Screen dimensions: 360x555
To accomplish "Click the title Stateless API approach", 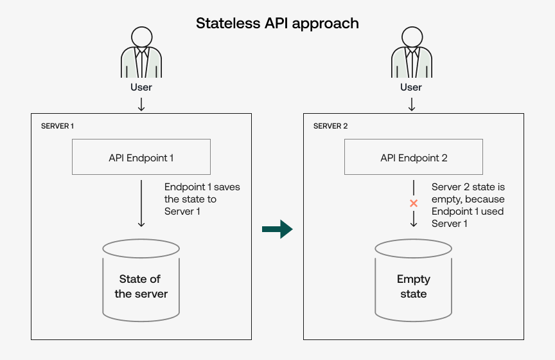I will (277, 24).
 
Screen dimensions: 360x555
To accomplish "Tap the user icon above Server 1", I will (141, 53).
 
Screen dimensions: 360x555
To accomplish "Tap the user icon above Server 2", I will (412, 53).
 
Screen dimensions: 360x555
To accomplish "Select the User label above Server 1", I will (141, 87).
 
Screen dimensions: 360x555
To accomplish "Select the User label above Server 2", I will (412, 87).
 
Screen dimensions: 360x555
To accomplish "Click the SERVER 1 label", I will (57, 126).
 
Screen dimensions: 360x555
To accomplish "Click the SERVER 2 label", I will (330, 126).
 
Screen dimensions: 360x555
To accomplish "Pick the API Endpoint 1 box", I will (141, 157).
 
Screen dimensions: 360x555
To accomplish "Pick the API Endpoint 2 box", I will (414, 157).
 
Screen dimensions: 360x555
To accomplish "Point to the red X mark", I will (414, 204).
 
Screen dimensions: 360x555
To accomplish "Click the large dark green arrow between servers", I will (277, 230).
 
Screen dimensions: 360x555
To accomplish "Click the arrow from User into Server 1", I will (141, 104).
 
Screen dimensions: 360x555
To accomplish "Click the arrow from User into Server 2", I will (412, 104).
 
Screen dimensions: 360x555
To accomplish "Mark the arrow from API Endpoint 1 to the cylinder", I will (141, 203).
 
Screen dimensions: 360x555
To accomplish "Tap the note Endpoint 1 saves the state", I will (202, 199).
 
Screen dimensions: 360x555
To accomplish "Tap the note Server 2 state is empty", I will (468, 205).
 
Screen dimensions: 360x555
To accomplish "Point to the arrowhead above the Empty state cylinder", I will (414, 222).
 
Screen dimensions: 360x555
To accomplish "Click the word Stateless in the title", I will (227, 24).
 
